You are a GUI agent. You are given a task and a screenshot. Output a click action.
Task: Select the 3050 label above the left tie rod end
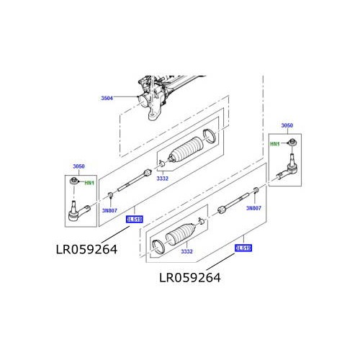[79, 166]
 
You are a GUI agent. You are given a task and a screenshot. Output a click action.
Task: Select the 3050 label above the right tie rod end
[287, 125]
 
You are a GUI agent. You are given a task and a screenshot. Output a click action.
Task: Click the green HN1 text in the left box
[89, 183]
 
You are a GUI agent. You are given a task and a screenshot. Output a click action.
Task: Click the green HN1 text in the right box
[274, 143]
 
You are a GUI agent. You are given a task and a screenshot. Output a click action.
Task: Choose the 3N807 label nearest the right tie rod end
[253, 208]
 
